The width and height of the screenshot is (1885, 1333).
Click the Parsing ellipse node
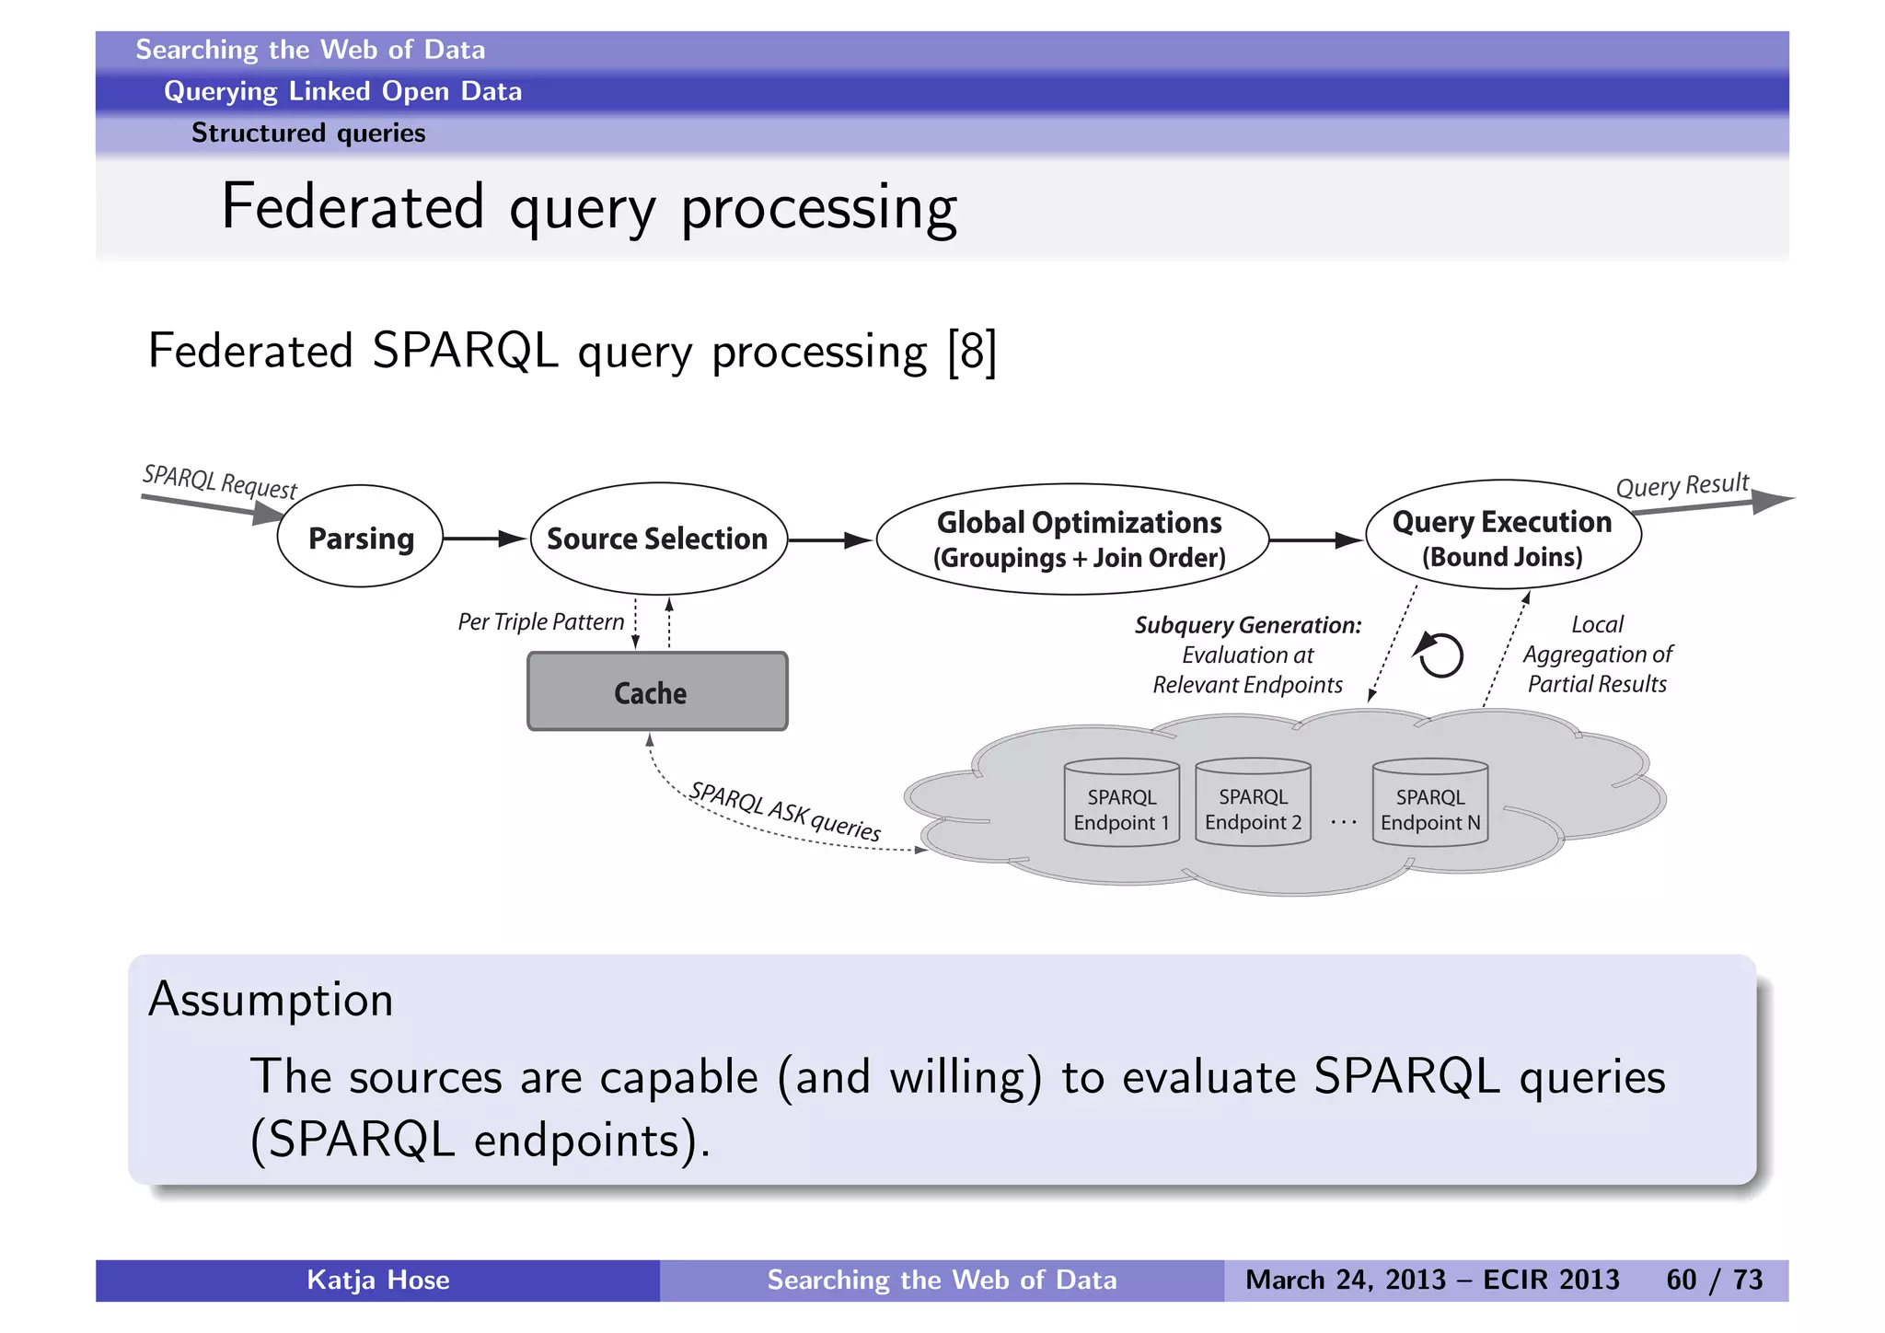(x=360, y=537)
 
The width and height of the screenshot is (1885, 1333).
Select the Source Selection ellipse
(x=658, y=539)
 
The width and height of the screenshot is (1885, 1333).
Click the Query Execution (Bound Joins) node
(x=1502, y=537)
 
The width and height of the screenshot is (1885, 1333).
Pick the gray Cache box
(x=657, y=692)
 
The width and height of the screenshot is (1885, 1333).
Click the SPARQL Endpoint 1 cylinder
(x=1121, y=804)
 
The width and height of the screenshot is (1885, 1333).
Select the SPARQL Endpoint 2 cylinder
(x=1253, y=804)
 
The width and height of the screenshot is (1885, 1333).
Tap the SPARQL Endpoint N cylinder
(x=1429, y=804)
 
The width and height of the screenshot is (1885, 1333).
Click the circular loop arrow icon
(x=1440, y=655)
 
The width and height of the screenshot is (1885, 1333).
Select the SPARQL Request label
(x=220, y=481)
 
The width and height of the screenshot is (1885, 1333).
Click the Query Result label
(x=1681, y=485)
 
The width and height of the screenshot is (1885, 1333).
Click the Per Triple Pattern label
(x=540, y=622)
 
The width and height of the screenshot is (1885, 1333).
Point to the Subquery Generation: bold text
(x=1247, y=625)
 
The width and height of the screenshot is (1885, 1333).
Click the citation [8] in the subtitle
(x=972, y=352)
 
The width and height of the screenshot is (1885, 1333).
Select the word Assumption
(x=271, y=1000)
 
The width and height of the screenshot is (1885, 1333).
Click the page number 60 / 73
(x=1714, y=1280)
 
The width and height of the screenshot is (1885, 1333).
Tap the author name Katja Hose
(x=377, y=1280)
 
